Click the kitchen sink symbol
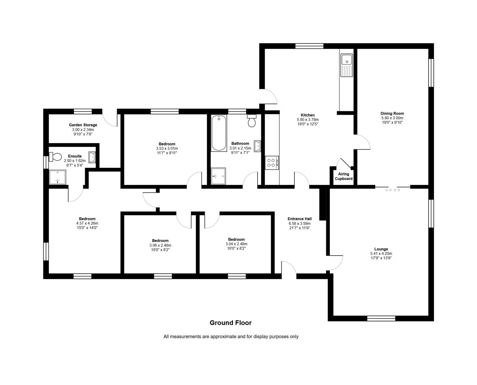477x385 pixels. (x=346, y=65)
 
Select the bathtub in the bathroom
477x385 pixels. (x=218, y=133)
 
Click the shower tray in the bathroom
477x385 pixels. (x=218, y=176)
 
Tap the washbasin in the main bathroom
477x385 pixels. (x=258, y=146)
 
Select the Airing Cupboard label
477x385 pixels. (x=343, y=176)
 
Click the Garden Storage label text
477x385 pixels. (x=83, y=125)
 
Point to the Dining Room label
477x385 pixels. (x=392, y=114)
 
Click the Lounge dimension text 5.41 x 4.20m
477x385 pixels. (x=381, y=254)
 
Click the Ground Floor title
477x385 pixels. (x=230, y=323)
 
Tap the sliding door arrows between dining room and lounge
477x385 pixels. (x=393, y=190)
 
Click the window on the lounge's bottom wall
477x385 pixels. (x=381, y=318)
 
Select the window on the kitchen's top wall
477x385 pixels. (x=309, y=46)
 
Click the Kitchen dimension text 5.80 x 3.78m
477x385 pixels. (x=307, y=120)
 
